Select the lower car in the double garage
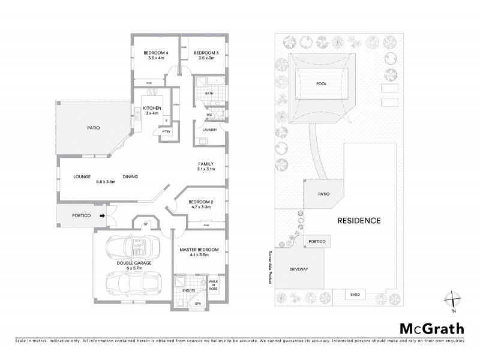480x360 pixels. click(x=133, y=281)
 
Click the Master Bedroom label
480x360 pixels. click(x=199, y=252)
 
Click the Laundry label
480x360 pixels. click(x=209, y=130)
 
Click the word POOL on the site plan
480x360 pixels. click(x=322, y=84)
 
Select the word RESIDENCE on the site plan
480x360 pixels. click(x=359, y=220)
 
